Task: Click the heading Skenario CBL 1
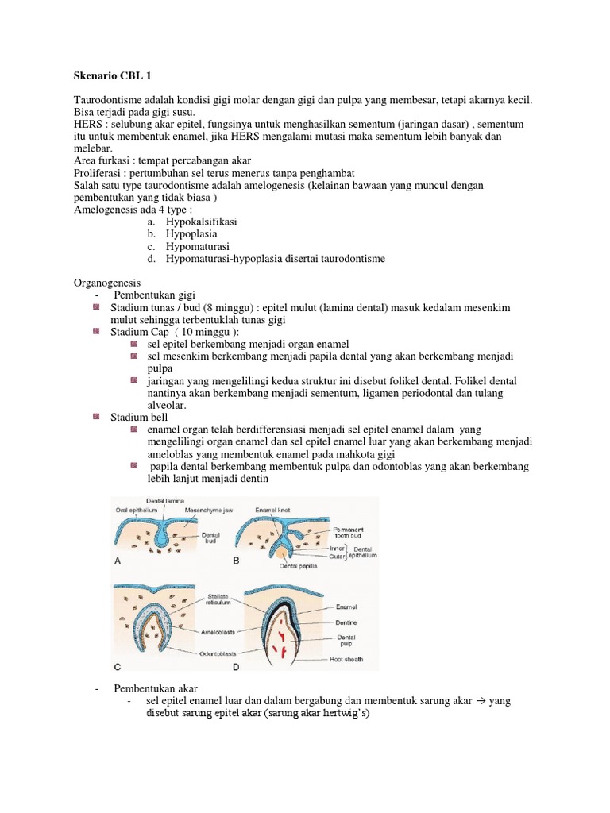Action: coord(111,76)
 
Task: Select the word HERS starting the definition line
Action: coord(88,125)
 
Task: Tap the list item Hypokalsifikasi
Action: coord(202,221)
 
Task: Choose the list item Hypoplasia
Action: coord(191,233)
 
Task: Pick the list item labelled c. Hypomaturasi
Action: coord(195,246)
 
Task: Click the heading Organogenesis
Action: coord(106,282)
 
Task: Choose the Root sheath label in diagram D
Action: coord(353,659)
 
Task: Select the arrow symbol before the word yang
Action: coord(481,701)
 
